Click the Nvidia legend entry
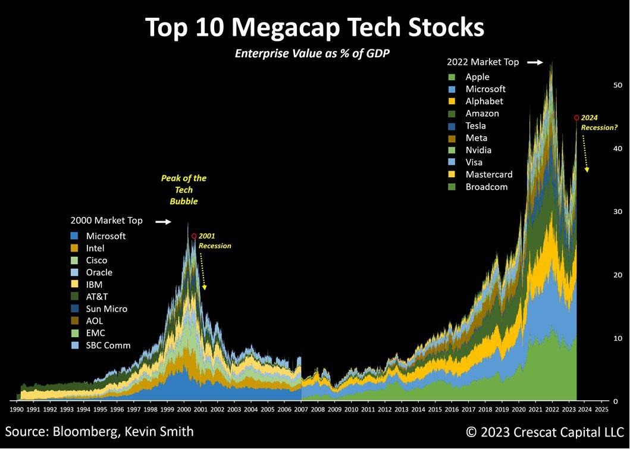(x=478, y=150)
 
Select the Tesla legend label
(x=475, y=125)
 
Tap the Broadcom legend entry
(x=486, y=187)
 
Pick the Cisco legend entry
(x=96, y=260)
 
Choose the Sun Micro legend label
(x=106, y=309)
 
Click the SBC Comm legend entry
(x=108, y=346)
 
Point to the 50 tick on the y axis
(x=618, y=85)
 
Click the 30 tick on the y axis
(x=618, y=212)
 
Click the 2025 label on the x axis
(x=601, y=409)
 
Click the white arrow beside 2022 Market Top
(x=535, y=62)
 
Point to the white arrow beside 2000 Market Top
(x=163, y=221)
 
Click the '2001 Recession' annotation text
(x=214, y=241)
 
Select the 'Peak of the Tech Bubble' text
(x=184, y=190)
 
